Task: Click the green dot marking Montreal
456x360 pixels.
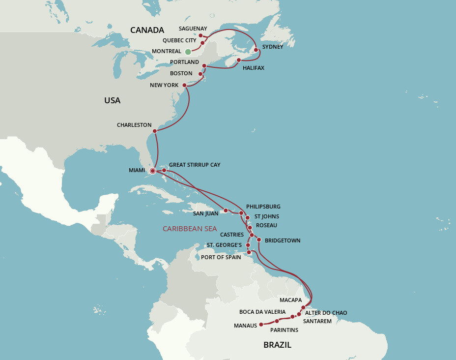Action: coord(188,52)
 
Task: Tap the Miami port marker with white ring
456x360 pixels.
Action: coord(152,171)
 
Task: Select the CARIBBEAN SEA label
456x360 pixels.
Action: coord(190,229)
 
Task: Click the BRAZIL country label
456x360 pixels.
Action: coord(277,345)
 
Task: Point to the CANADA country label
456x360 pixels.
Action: coord(147,30)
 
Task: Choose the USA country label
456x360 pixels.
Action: coord(112,100)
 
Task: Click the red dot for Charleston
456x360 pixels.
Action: coord(155,131)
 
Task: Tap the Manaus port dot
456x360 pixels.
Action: coord(261,325)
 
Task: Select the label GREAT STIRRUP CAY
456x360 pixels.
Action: coord(195,165)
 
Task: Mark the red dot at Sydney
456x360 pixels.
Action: coord(256,50)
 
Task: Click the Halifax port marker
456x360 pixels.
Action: coord(238,60)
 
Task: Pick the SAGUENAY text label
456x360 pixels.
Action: coord(193,29)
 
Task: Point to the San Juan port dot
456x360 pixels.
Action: coord(226,210)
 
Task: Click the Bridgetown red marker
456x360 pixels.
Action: coord(259,240)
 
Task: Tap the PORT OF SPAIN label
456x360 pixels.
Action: coord(221,257)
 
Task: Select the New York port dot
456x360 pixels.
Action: coord(185,85)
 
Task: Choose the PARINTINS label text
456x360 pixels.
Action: coord(284,330)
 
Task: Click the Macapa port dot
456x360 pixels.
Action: coord(303,307)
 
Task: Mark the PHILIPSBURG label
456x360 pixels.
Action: coord(263,207)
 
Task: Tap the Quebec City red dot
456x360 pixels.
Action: coord(202,43)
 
